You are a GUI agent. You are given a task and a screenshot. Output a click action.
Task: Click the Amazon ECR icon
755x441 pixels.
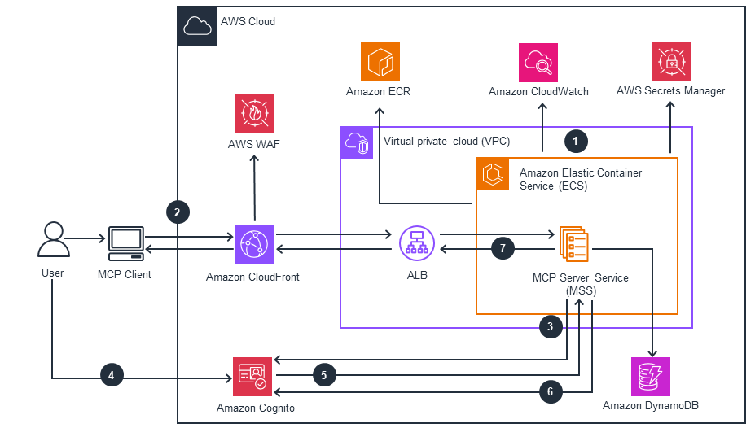pos(380,62)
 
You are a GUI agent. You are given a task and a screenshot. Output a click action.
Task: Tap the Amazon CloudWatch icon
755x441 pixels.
pos(538,63)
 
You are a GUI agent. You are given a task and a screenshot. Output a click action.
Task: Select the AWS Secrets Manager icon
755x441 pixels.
pos(671,62)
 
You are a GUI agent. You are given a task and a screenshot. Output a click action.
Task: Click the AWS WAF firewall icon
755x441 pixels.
pos(255,113)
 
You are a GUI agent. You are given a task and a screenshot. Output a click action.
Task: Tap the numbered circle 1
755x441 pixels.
pos(576,140)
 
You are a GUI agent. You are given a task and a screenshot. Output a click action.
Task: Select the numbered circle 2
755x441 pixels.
pos(178,212)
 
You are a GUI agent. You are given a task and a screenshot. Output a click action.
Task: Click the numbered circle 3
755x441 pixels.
pos(551,327)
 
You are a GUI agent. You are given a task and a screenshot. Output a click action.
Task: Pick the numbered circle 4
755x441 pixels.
pos(112,376)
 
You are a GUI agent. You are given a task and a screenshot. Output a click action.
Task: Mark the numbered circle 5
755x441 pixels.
pos(323,376)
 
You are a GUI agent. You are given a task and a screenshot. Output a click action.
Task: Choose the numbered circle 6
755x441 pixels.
pos(551,392)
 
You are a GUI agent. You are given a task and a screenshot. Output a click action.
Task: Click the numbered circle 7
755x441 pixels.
pos(503,248)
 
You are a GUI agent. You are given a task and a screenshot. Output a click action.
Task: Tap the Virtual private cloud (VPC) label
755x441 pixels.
pos(446,141)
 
